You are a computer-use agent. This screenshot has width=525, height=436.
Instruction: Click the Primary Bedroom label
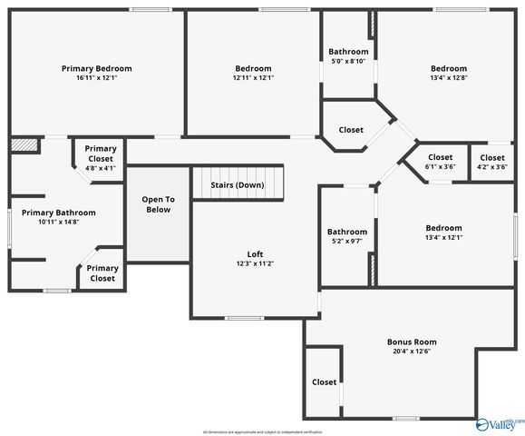[96, 68]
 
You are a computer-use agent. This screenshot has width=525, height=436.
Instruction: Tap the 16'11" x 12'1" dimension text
[96, 78]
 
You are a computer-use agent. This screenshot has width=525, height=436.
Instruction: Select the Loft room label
[256, 253]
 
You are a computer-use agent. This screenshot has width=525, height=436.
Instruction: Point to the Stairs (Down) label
[238, 185]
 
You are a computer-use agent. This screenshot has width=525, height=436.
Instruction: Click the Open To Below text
[158, 204]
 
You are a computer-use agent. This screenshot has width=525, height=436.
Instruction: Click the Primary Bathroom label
[58, 213]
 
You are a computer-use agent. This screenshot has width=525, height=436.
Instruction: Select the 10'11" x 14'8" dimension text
[58, 223]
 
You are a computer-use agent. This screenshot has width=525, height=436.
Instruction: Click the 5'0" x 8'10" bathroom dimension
[348, 61]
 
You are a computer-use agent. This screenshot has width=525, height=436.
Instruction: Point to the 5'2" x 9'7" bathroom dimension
[347, 242]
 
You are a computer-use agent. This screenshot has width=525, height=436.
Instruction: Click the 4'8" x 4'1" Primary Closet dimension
[101, 167]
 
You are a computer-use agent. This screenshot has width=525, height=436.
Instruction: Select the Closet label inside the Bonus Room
[325, 382]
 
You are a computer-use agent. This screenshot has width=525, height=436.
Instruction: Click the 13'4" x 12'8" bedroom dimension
[449, 78]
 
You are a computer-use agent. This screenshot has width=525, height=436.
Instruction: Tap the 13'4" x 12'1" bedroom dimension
[443, 238]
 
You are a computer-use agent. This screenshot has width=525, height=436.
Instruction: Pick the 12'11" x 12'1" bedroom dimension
[253, 78]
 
